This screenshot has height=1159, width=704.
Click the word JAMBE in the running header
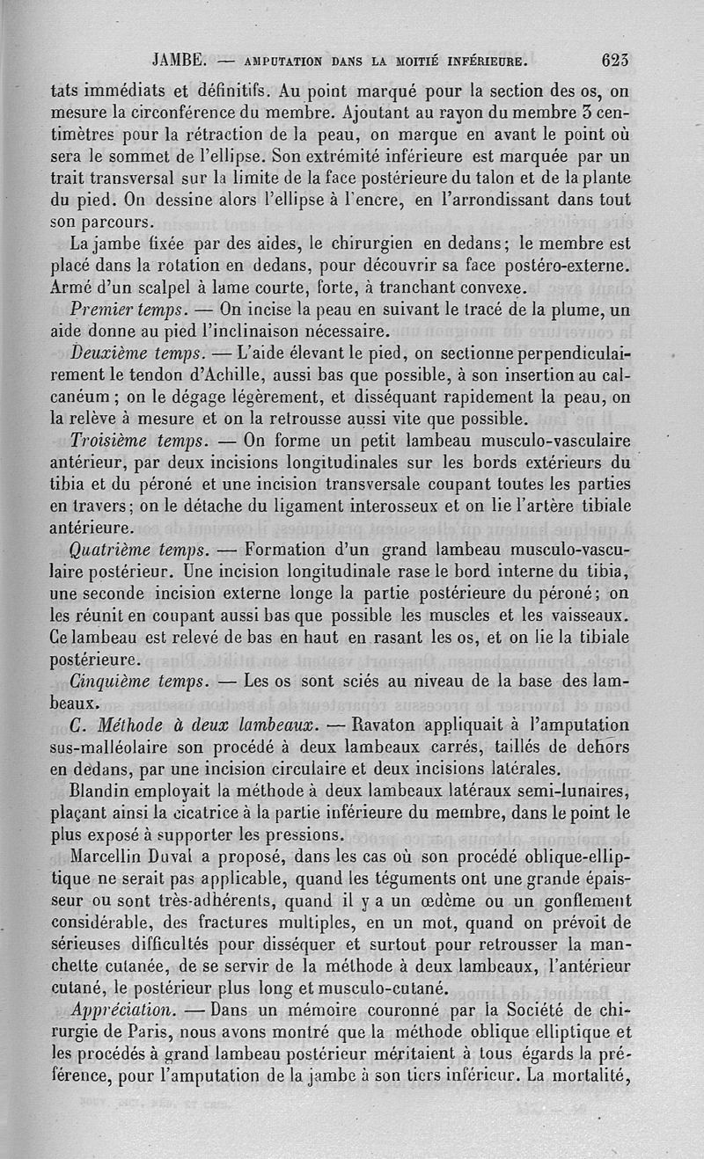[x=179, y=61]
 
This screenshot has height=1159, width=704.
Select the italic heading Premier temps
[x=126, y=310]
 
